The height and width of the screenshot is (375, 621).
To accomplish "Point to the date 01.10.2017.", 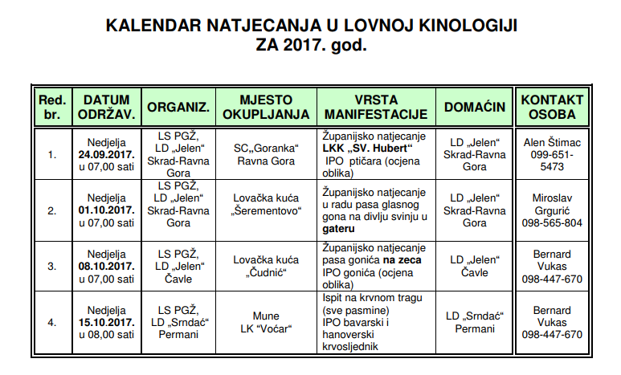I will (106, 210).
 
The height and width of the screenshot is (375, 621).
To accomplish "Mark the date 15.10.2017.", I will (106, 322).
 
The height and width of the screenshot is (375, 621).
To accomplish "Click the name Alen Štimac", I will (552, 142).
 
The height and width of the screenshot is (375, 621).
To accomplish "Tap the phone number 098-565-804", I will (552, 222).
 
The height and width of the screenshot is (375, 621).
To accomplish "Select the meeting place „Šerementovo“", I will (266, 211).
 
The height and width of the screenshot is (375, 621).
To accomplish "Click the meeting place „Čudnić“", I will (266, 271).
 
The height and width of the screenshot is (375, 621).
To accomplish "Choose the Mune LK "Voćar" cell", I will (266, 322).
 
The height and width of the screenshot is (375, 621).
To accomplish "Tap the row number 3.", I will (51, 266).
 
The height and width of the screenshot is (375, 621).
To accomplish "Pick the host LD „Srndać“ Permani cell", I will (473, 322).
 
